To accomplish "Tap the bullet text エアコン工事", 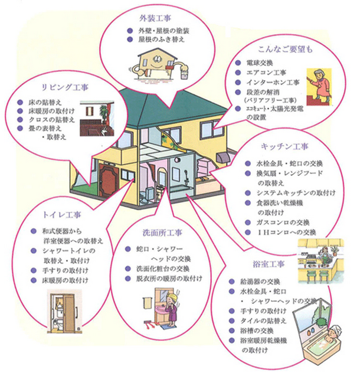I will pyautogui.click(x=265, y=73).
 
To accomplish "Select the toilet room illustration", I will pyautogui.click(x=64, y=310).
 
